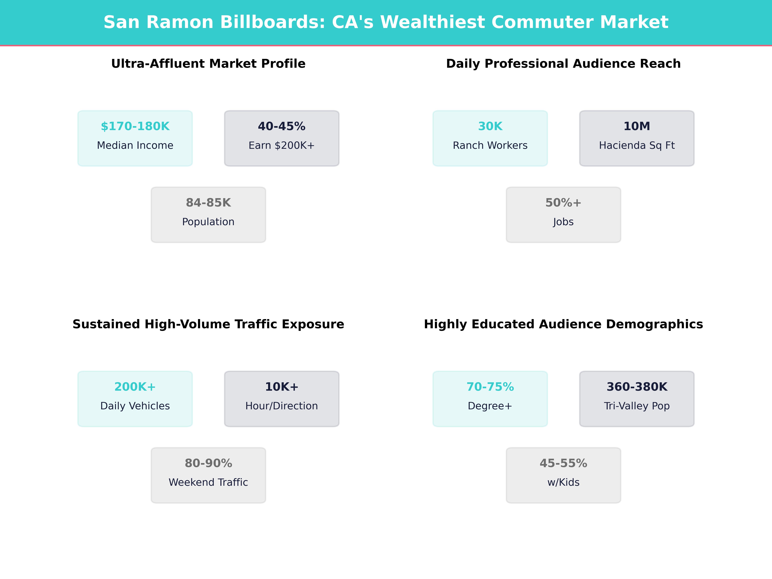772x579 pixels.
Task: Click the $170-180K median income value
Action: point(135,126)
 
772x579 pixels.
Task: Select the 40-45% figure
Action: point(282,126)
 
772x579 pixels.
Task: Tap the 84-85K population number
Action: point(208,203)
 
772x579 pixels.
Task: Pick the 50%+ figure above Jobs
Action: point(563,203)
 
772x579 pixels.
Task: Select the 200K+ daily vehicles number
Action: point(135,387)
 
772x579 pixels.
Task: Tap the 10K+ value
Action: point(282,387)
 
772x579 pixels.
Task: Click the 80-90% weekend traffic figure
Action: point(208,464)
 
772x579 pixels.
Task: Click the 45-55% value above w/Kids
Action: point(563,464)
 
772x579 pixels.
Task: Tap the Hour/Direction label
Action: point(282,406)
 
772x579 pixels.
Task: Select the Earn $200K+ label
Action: point(282,146)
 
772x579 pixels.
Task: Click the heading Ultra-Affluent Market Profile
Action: point(208,64)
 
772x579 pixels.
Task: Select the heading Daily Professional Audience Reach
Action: point(563,64)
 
